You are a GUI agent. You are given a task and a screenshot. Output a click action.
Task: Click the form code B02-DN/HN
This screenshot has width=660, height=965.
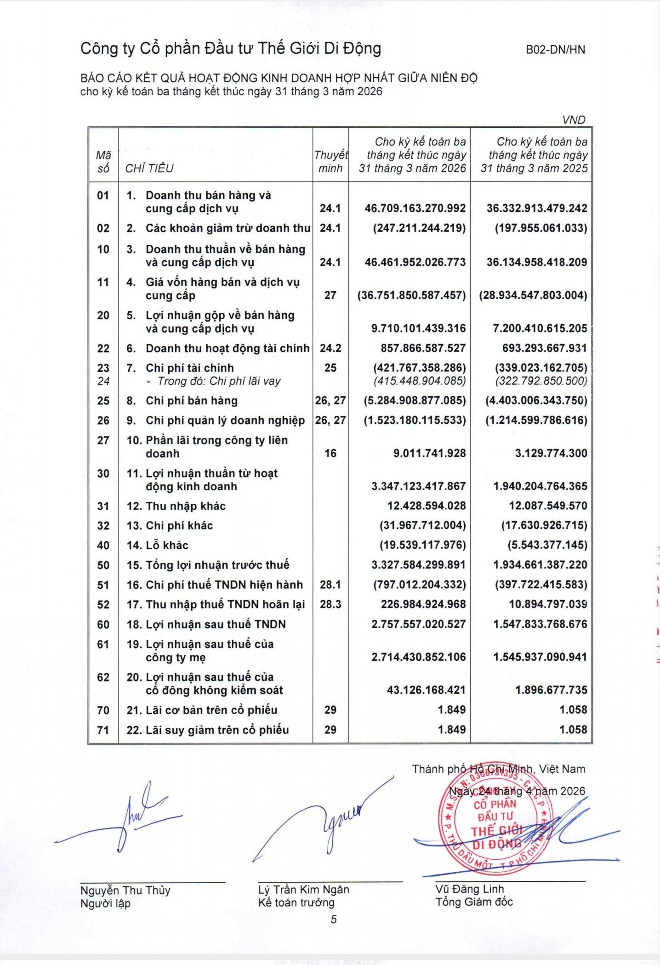coord(555,50)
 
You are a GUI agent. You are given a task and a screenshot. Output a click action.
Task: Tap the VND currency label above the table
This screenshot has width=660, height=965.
coord(574,120)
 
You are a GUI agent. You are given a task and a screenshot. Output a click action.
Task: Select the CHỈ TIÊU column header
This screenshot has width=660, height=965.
coord(149,168)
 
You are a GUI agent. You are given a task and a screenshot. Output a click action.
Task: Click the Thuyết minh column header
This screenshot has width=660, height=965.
coord(330,162)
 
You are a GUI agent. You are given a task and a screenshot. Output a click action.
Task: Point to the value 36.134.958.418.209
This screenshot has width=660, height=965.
coord(536,262)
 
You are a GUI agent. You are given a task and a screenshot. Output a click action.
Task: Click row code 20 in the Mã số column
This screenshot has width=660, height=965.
coord(103,315)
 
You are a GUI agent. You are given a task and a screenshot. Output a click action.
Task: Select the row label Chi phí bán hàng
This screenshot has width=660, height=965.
coord(191,401)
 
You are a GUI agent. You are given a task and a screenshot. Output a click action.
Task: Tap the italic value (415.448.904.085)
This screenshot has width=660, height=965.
coord(420,381)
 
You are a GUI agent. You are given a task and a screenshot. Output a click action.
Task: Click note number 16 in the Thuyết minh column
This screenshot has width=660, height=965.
coord(330,454)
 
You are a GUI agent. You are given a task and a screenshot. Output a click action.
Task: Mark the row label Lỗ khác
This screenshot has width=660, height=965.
coord(167,545)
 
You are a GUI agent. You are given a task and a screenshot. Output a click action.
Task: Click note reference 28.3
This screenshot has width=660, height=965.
coord(330,604)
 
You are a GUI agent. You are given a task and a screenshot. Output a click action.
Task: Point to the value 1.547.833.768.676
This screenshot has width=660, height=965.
coord(540,624)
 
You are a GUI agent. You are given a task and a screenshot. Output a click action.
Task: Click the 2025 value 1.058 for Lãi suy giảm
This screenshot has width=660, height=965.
coord(573,730)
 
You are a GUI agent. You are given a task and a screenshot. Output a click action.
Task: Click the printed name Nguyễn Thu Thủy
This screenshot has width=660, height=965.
coord(125,890)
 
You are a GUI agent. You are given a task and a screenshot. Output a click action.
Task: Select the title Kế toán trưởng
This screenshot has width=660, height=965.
coord(296,903)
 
